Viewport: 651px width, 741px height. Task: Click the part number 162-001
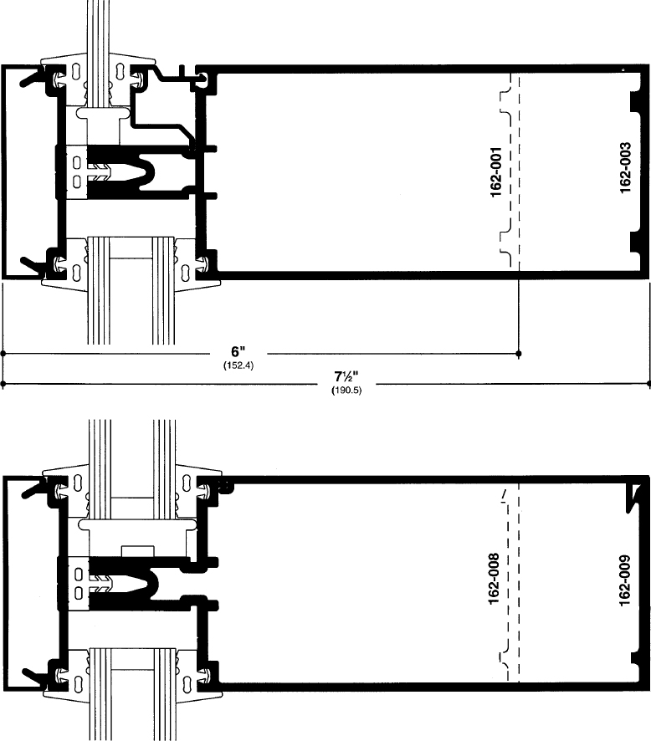[496, 171]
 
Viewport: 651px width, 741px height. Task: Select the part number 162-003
[625, 167]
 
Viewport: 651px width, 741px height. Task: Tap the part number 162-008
[493, 579]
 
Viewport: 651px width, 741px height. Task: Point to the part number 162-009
[624, 580]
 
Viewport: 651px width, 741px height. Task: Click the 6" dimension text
[238, 352]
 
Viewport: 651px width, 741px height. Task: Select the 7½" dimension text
[346, 376]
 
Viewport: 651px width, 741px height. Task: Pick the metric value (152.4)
[238, 365]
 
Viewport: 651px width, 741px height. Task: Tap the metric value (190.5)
[346, 391]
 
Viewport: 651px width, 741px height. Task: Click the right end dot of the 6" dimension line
[519, 354]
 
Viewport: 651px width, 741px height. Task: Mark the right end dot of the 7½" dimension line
[648, 385]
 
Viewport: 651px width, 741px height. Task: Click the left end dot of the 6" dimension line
[3, 354]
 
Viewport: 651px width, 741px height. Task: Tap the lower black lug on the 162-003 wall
[634, 242]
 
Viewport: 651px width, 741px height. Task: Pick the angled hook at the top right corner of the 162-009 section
[635, 497]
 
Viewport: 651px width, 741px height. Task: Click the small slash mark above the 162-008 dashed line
[504, 495]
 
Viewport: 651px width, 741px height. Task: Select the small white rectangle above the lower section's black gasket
[138, 551]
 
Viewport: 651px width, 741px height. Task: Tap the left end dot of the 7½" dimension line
[3, 385]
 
